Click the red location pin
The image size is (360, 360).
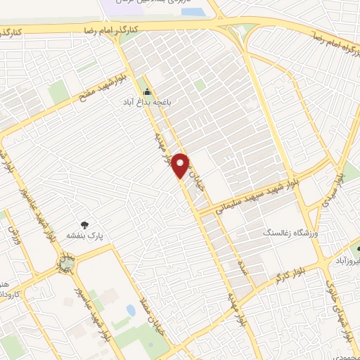(x=181, y=165)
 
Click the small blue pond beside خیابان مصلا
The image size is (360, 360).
(x=131, y=309)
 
